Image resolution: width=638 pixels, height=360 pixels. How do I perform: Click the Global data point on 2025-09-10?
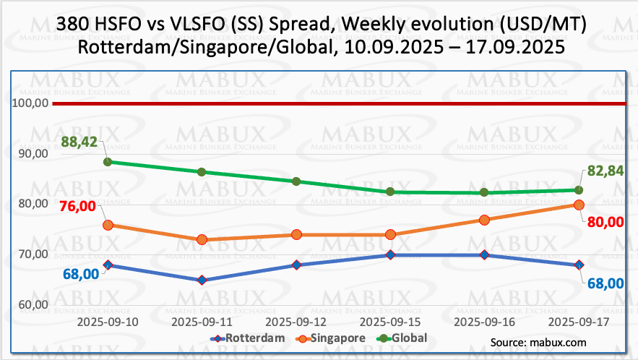pyautogui.click(x=108, y=162)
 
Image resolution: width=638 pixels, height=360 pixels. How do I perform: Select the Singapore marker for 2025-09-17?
pyautogui.click(x=579, y=205)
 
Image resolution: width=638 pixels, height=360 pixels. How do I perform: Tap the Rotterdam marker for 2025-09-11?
pyautogui.click(x=202, y=280)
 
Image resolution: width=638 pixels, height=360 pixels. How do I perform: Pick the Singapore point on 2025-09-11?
pyautogui.click(x=202, y=239)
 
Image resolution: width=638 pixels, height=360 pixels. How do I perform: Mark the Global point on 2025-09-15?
pyautogui.click(x=390, y=192)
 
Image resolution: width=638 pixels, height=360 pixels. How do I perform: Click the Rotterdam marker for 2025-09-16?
pyautogui.click(x=484, y=255)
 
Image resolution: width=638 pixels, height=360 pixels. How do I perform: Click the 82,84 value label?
pyautogui.click(x=604, y=171)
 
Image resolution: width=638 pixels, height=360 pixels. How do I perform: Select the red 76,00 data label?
pyautogui.click(x=78, y=206)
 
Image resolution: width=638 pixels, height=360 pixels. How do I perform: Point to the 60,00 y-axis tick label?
pyautogui.click(x=32, y=304)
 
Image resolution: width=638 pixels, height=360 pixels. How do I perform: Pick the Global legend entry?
pyautogui.click(x=402, y=338)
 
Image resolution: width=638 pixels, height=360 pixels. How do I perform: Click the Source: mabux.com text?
pyautogui.click(x=538, y=342)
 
